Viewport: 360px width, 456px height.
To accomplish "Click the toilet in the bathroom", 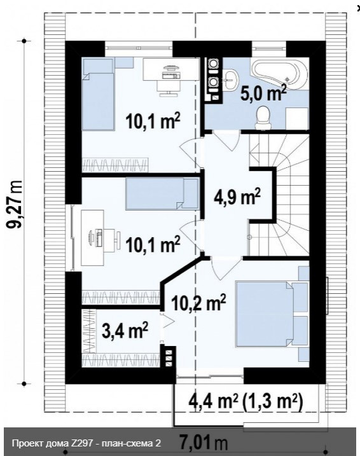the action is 263,118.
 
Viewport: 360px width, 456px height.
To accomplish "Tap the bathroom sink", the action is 231,79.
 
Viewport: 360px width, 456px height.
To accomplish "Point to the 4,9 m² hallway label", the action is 237,197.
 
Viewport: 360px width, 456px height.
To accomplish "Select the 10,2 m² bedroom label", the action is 198,303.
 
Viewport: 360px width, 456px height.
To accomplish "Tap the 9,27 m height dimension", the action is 15,204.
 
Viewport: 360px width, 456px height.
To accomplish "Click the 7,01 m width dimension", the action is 204,443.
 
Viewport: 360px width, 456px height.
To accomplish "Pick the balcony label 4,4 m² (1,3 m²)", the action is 246,401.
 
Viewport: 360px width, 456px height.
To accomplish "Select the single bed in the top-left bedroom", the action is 98,94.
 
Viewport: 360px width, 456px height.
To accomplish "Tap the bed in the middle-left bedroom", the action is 162,194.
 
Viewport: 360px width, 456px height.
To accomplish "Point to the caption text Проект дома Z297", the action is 52,443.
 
